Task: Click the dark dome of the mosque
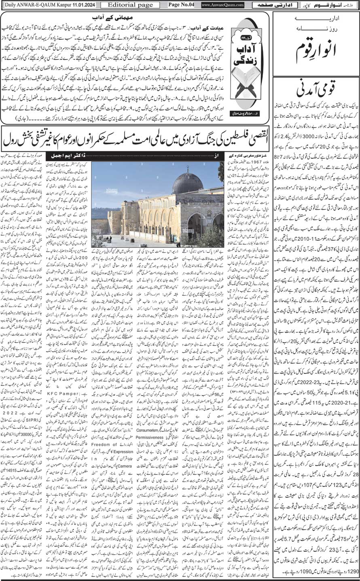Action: pos(188,183)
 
